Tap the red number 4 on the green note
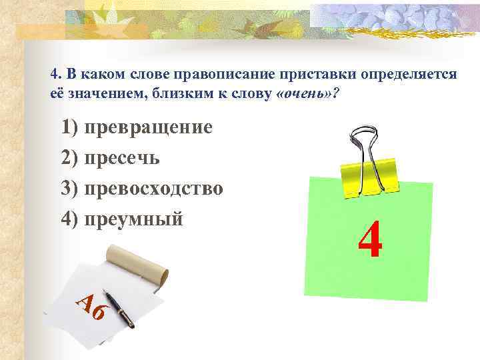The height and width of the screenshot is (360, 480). [x=369, y=241]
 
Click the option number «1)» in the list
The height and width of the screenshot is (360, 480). [x=69, y=127]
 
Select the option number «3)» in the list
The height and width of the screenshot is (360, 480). [x=69, y=189]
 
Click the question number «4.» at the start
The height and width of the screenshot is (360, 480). [x=56, y=74]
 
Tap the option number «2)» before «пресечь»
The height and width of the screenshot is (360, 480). [x=69, y=158]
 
